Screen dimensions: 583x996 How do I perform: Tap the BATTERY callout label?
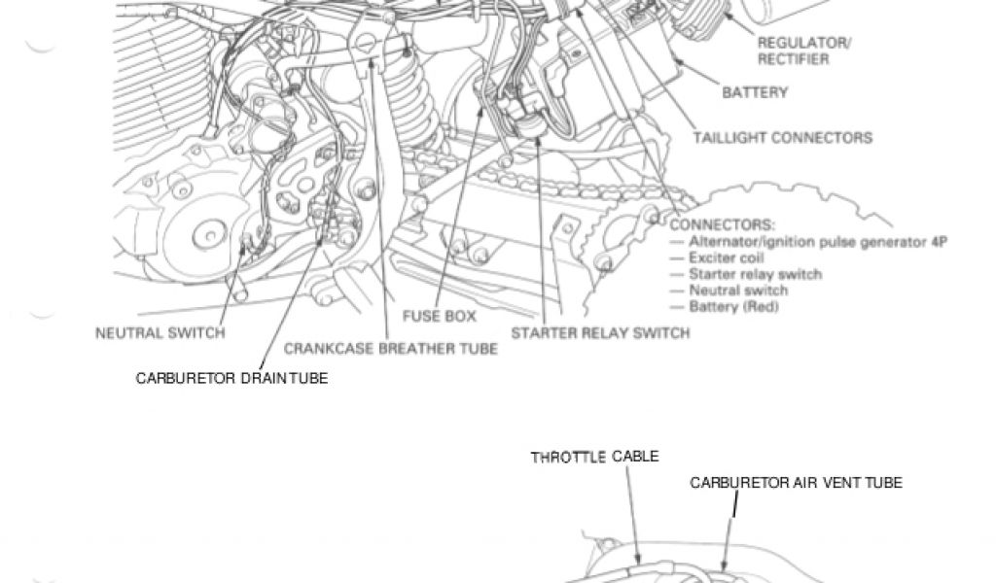755,93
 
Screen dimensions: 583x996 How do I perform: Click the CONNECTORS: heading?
723,224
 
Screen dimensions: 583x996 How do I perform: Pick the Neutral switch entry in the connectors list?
738,291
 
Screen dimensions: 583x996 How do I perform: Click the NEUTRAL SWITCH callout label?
160,333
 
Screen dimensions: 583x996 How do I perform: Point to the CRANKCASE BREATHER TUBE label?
390,348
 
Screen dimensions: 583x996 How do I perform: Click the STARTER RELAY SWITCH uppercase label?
600,333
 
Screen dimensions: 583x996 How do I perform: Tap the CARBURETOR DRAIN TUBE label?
231,378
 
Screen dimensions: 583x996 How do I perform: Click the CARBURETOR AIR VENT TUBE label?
796,482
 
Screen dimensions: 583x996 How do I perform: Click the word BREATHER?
396,348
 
